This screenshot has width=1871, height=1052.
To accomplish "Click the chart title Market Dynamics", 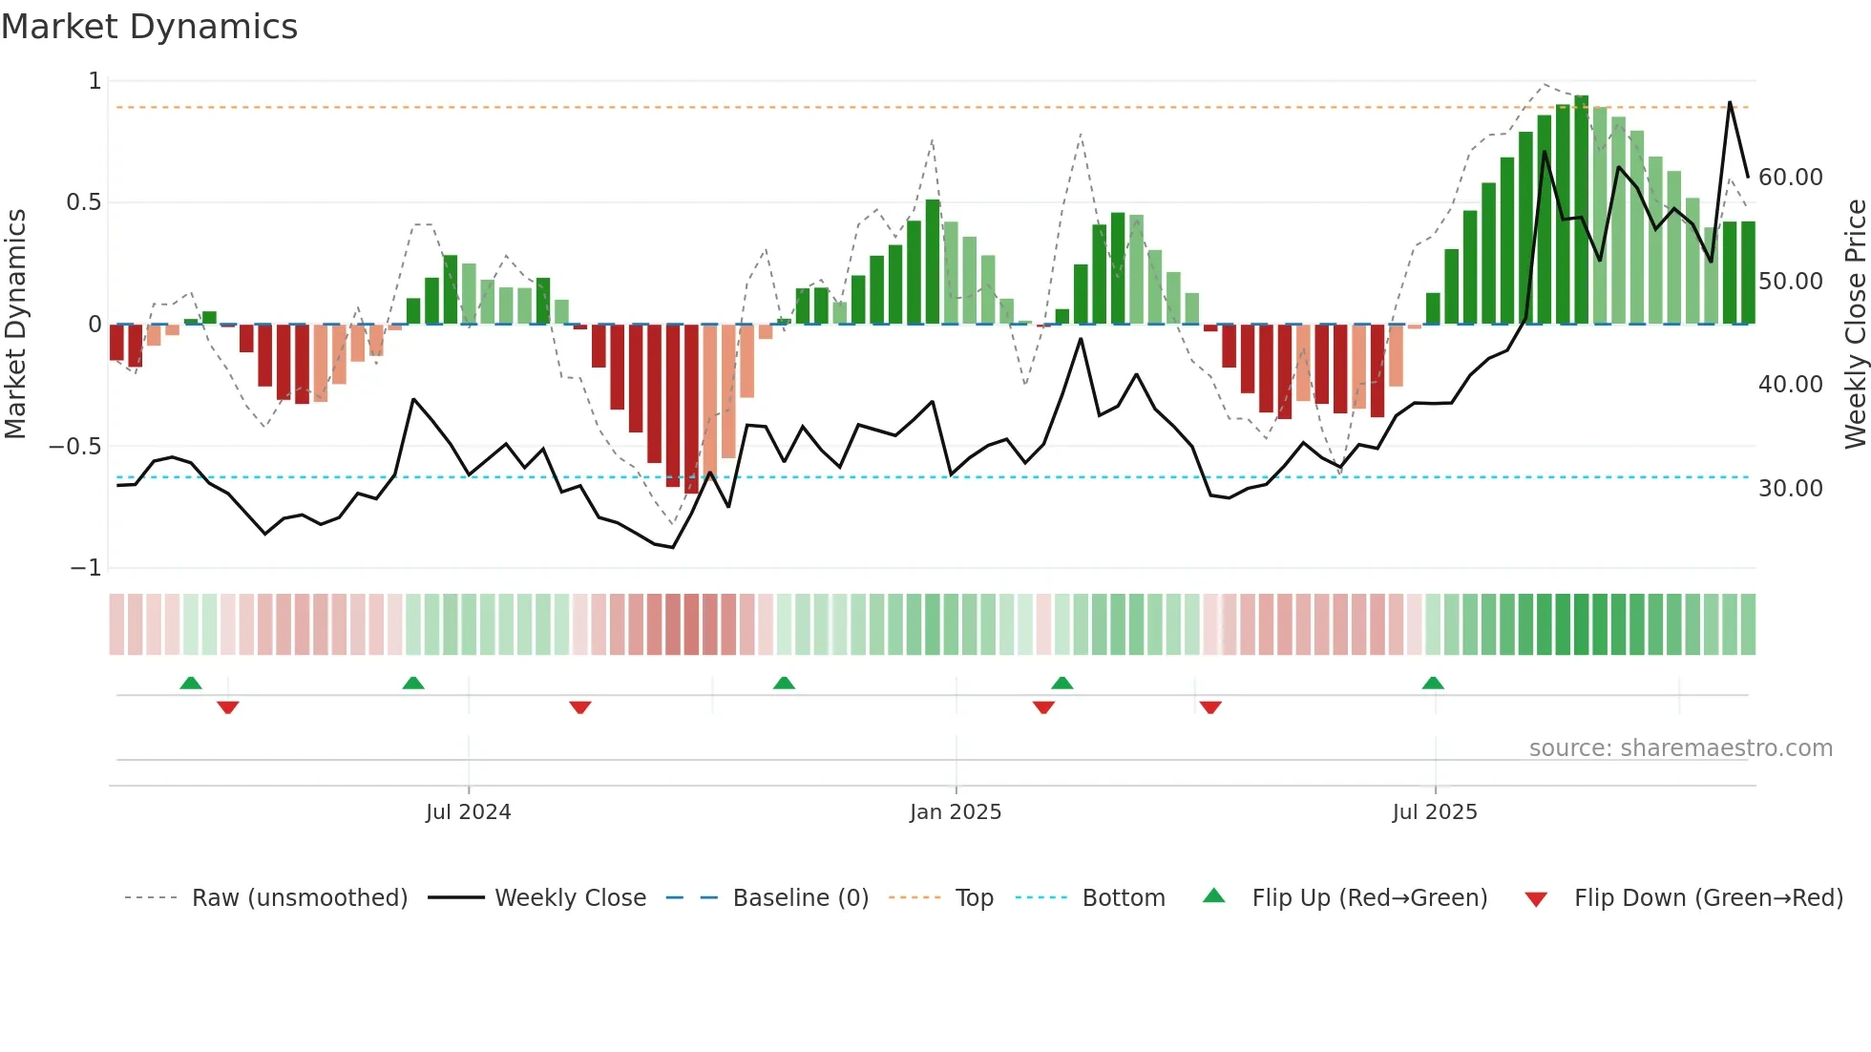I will point(150,27).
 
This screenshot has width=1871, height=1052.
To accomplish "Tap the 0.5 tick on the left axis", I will point(83,202).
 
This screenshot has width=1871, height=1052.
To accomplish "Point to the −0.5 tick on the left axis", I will point(75,447).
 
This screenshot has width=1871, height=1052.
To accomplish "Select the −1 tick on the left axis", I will point(85,568).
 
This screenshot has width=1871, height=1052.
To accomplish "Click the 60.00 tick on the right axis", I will point(1790,178).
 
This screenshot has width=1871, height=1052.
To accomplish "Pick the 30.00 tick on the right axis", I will point(1790,489).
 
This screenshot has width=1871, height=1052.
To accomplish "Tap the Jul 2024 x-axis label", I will point(468,812).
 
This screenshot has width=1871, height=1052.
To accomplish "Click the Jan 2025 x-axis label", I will point(956,812).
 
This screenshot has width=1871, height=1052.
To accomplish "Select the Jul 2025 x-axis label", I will point(1435,812).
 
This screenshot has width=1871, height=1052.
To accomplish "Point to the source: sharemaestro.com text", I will point(1680,748).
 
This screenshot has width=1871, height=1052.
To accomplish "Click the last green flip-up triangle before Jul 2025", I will point(1433,683).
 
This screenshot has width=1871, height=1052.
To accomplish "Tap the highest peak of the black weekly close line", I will point(1730,102).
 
